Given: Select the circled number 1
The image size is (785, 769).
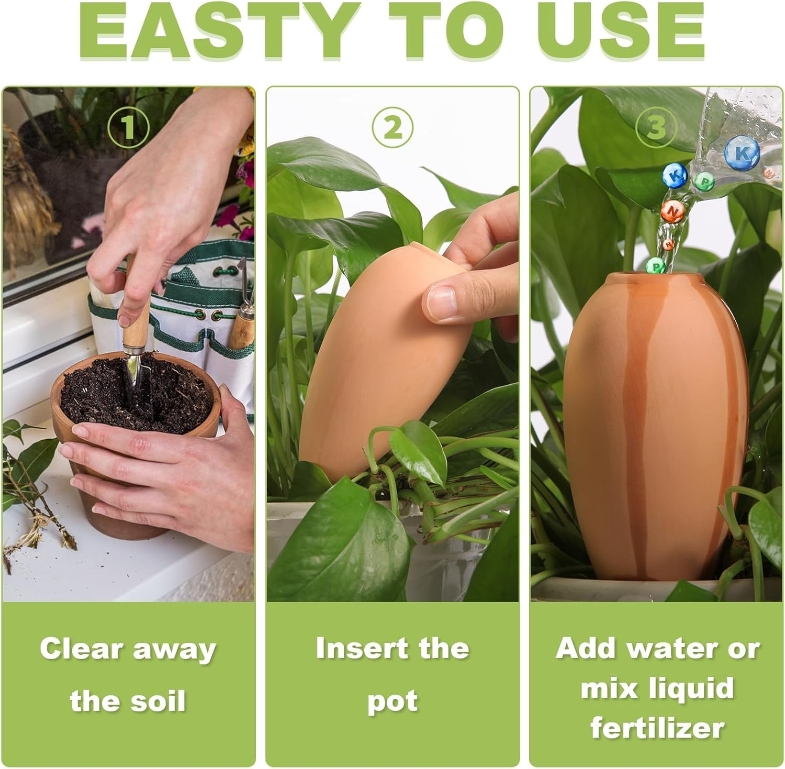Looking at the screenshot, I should (128, 127).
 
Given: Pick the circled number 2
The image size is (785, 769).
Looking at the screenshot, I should (392, 127).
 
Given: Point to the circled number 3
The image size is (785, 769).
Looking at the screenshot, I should (656, 127).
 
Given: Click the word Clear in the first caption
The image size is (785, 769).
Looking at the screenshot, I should (81, 649).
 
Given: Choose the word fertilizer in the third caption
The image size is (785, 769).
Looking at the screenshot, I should (657, 728).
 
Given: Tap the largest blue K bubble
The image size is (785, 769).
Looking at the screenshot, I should (742, 153).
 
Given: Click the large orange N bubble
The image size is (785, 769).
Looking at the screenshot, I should (673, 210).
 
